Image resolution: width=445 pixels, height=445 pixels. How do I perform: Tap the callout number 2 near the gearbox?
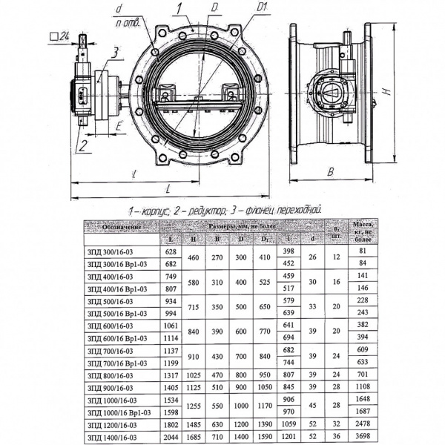point(86,142)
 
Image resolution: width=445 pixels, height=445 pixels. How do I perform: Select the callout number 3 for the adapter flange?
point(115,51)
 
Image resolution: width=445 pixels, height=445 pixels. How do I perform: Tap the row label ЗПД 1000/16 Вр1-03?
point(118,412)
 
